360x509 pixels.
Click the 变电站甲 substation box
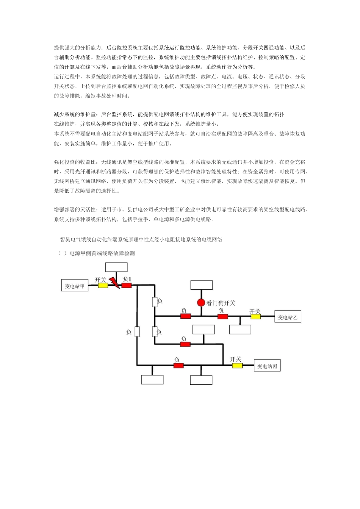click(75, 286)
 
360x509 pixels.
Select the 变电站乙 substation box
click(288, 317)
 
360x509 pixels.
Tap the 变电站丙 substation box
click(267, 366)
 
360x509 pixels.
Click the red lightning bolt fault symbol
click(114, 283)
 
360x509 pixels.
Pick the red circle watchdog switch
click(201, 303)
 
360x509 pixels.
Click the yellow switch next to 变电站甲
click(103, 286)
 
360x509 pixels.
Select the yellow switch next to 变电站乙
click(256, 317)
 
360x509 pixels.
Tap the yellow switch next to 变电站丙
click(237, 365)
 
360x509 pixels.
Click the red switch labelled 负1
click(127, 286)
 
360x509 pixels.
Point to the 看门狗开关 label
click(221, 303)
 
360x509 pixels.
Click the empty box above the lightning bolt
click(116, 267)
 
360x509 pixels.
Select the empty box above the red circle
click(202, 285)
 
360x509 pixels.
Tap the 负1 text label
click(127, 279)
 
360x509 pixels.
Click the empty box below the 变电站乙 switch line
click(240, 329)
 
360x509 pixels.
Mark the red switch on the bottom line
click(178, 365)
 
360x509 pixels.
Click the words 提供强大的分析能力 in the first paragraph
click(77, 48)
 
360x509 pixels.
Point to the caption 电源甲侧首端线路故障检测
click(102, 253)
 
